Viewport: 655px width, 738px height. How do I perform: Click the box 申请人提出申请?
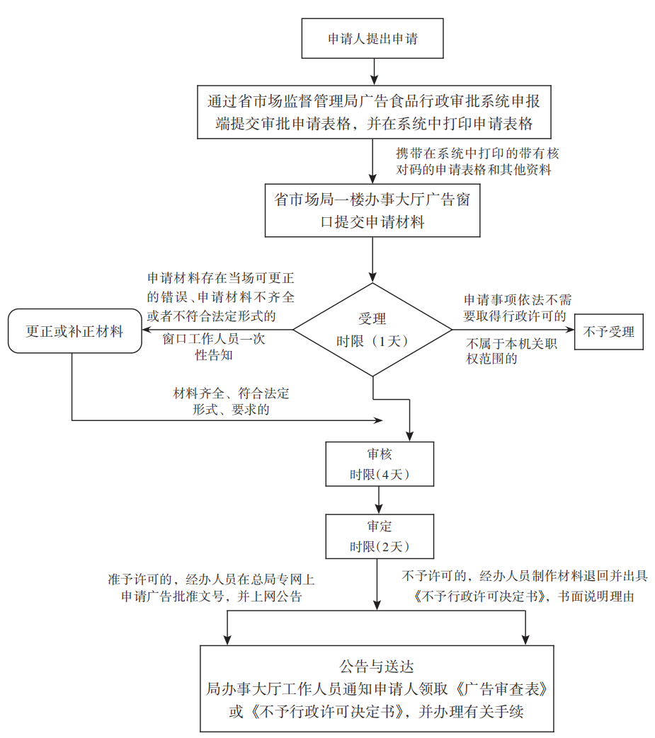[372, 39]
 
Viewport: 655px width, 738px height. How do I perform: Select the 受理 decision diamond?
[372, 329]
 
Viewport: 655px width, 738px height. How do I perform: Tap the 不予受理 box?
[608, 332]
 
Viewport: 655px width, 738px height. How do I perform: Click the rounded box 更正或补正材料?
[74, 331]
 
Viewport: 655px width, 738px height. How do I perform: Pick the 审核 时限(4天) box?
[380, 464]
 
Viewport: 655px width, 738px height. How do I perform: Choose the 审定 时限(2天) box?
[380, 536]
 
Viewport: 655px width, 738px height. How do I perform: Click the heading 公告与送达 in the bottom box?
[376, 666]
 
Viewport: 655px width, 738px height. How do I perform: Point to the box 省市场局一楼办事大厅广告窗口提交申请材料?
[372, 211]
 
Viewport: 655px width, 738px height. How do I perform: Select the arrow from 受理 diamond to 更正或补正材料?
[216, 330]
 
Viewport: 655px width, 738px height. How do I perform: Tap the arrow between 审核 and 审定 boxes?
[380, 500]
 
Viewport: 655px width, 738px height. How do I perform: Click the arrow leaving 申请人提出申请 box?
[372, 71]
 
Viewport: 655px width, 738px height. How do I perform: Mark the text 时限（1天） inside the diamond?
[372, 341]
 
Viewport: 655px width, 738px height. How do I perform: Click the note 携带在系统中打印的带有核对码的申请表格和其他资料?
[473, 161]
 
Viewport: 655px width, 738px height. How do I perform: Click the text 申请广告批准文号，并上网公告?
[212, 596]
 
